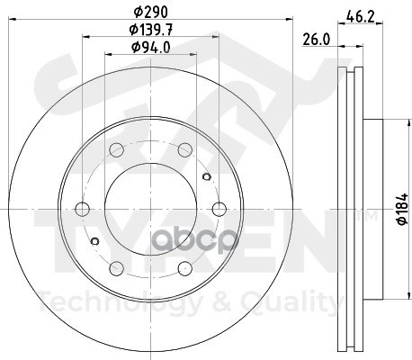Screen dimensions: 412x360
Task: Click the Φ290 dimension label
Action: [150, 12]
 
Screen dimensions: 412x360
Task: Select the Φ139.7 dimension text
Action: [151, 30]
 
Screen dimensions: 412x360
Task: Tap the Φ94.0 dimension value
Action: [151, 47]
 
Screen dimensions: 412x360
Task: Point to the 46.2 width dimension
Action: [360, 15]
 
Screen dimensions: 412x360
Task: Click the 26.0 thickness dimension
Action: [317, 40]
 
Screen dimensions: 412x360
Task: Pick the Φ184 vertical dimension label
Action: [402, 209]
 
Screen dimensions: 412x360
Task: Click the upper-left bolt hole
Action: [117, 149]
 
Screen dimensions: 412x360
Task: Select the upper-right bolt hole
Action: [185, 149]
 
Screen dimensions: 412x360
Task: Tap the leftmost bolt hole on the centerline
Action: [82, 209]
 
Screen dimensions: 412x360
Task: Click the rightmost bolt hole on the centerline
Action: [219, 209]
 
